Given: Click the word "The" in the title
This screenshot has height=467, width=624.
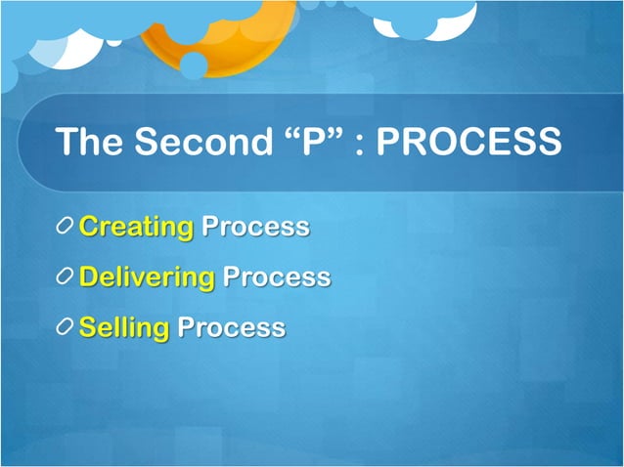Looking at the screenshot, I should [90, 143].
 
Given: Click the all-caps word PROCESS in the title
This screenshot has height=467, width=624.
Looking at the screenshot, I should [469, 143].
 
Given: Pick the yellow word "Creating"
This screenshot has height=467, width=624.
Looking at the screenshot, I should [136, 228].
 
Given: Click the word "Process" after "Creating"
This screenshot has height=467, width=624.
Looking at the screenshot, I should [255, 228].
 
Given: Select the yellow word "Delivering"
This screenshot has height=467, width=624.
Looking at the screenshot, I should [147, 277].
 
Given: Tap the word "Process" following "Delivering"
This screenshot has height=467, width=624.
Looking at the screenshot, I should [277, 277].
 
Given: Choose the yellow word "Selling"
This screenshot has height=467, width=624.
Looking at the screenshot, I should [124, 327].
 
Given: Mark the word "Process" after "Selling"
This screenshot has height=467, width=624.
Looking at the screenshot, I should [231, 327].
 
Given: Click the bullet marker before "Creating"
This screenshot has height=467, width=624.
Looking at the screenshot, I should [65, 228].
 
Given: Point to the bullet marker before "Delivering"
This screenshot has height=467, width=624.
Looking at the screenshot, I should [65, 277].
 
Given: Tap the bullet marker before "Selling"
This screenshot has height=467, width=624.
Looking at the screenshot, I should [65, 327].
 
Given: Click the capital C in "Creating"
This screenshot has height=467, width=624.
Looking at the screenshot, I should [89, 228].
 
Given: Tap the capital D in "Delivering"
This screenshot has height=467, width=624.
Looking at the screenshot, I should [90, 277].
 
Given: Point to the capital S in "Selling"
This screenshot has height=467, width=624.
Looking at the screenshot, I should [88, 327].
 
